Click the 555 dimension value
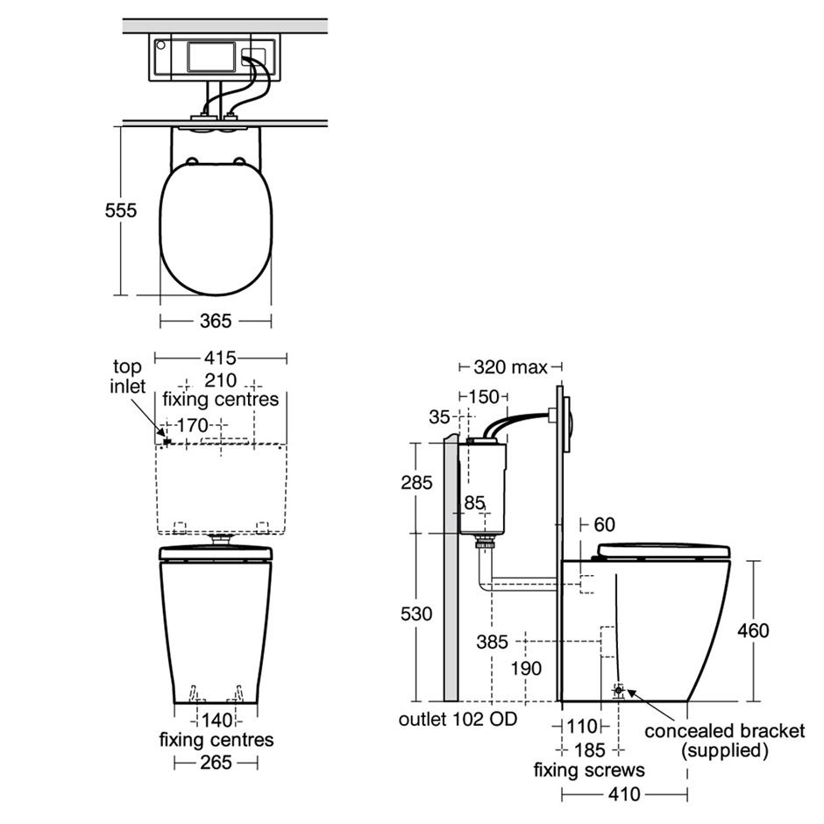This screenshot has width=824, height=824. (120, 210)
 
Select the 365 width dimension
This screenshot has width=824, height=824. (216, 321)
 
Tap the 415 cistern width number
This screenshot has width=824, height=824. (220, 358)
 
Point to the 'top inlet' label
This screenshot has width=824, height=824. (128, 376)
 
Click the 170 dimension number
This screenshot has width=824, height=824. (193, 425)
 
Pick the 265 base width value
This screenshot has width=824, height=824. (216, 762)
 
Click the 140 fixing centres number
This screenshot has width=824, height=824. (217, 720)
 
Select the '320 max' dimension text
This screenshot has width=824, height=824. (510, 366)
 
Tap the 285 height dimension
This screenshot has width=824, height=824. (416, 482)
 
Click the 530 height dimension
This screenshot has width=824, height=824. (416, 614)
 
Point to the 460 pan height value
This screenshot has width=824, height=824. (753, 630)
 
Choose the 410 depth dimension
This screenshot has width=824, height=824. (624, 793)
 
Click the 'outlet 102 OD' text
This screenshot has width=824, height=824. (458, 719)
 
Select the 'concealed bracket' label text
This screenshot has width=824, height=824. (725, 731)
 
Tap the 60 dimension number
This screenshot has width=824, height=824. (604, 524)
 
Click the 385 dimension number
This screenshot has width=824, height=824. (493, 642)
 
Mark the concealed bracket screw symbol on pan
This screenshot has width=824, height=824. (619, 690)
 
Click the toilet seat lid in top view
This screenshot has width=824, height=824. (216, 229)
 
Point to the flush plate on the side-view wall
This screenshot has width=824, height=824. (567, 424)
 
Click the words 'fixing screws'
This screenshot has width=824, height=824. (589, 770)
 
